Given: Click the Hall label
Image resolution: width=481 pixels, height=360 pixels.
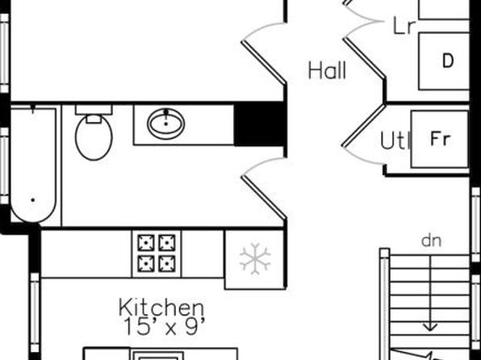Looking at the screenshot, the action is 327,70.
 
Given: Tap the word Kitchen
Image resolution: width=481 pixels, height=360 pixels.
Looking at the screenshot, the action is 161,308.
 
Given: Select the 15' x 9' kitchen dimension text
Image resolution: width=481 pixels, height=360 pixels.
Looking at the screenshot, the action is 165,327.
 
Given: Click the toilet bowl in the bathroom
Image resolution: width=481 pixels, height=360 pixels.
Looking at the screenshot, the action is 94,138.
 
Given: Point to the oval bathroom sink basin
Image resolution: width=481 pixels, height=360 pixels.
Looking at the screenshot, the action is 166,123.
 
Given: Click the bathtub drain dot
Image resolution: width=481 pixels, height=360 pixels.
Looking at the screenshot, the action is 33,200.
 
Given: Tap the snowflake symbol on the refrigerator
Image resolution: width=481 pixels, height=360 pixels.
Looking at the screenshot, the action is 255,259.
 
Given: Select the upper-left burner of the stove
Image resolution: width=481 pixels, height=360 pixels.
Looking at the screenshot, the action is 146,243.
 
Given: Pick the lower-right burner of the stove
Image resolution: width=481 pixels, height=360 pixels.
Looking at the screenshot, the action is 167,264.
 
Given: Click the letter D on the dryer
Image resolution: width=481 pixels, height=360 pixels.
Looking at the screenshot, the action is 448,61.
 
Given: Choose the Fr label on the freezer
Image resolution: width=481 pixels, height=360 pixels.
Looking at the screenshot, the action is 441,138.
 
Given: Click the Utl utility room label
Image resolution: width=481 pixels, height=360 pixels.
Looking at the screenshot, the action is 395,141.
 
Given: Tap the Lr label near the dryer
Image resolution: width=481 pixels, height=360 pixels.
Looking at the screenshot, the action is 404,27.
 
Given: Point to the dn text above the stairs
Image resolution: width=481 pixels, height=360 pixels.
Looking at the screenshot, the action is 432,241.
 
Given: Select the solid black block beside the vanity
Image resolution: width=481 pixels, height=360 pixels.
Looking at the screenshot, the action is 260,124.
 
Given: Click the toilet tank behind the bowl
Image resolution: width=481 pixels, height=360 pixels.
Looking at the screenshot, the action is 94,110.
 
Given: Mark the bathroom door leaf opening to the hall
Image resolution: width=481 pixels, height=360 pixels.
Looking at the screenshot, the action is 264,198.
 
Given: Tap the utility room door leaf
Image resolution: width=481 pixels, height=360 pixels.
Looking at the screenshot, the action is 363,126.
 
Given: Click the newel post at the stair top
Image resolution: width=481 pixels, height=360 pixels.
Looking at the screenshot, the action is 384,253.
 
